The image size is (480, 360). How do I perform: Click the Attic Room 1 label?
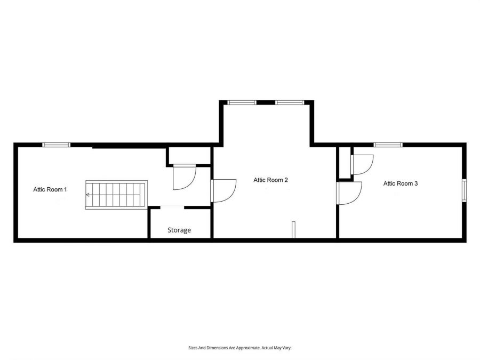tap(50, 189)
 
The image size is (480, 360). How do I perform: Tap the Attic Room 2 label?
tap(270, 180)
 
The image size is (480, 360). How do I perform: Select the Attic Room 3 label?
tap(401, 183)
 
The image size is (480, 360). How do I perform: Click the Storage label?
tap(179, 230)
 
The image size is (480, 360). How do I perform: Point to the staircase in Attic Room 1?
tap(116, 195)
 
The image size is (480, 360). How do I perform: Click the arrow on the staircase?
tap(88, 195)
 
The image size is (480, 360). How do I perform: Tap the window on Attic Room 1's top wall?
tap(57, 144)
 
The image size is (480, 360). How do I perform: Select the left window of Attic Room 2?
tap(242, 102)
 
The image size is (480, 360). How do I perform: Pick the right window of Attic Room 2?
tap(290, 102)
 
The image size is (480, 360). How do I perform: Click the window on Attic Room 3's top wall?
tap(388, 144)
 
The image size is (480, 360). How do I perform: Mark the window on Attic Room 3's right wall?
tap(464, 190)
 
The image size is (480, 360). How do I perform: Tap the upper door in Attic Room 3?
tap(361, 164)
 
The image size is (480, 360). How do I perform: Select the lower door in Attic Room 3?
tap(349, 193)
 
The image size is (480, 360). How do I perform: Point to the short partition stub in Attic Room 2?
tap(292, 229)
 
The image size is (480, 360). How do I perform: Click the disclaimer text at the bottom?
tap(239, 348)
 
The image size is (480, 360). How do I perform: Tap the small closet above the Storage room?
tap(189, 156)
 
